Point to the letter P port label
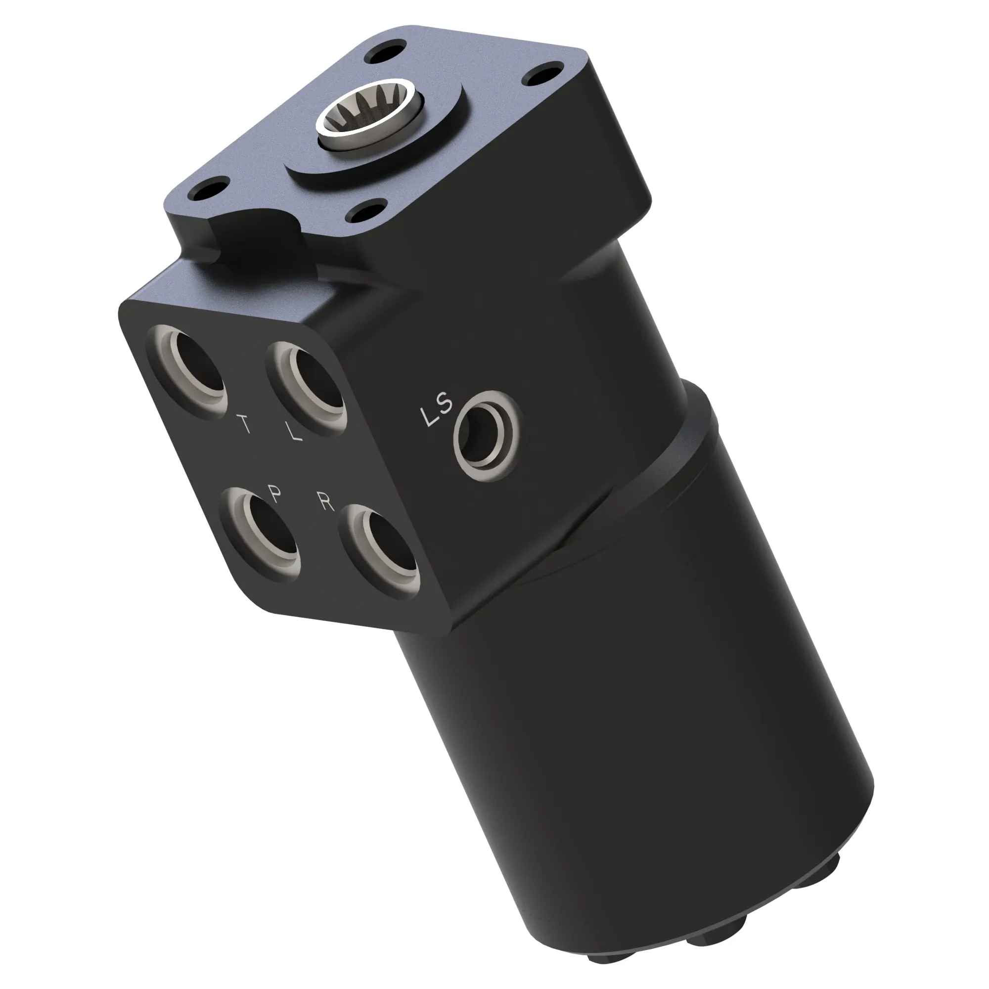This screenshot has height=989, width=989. [276, 494]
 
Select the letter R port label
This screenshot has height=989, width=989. [325, 503]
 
